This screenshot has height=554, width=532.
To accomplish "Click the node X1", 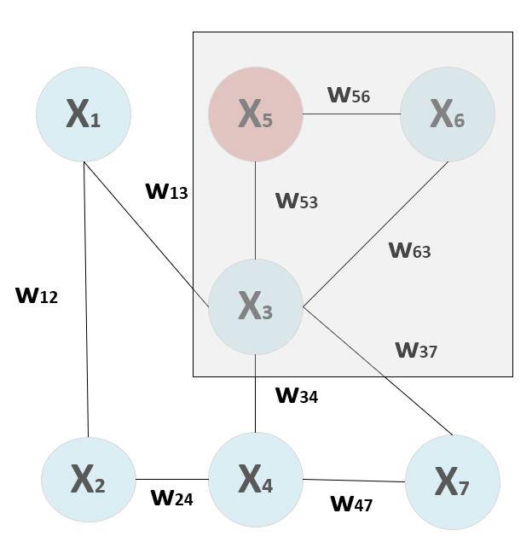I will tap(84, 114).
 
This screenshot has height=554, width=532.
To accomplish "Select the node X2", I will tap(89, 479).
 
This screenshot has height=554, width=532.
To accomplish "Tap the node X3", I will tap(256, 306).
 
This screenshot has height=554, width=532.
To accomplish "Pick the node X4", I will tap(256, 479).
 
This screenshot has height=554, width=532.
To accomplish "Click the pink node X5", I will tap(256, 114).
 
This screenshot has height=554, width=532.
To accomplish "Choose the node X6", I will tap(447, 114).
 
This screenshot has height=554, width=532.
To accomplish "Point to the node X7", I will tap(453, 482).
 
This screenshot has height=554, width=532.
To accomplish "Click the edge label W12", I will tap(37, 296).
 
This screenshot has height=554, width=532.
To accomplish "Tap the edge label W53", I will tap(296, 201).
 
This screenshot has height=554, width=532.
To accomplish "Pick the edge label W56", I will tap(349, 95).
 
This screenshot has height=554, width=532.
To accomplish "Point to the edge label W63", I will tap(409, 250).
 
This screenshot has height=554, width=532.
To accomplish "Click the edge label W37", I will tap(416, 349).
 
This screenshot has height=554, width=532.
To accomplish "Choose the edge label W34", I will tap(296, 395).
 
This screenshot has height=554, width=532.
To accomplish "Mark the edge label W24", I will tap(171, 498).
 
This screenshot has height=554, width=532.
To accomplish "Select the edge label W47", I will tap(351, 504).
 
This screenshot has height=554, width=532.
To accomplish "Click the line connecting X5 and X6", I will tap(351, 114).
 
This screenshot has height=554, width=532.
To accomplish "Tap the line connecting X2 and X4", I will tap(172, 479).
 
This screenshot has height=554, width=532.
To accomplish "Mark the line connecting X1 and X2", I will tap(86, 299).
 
